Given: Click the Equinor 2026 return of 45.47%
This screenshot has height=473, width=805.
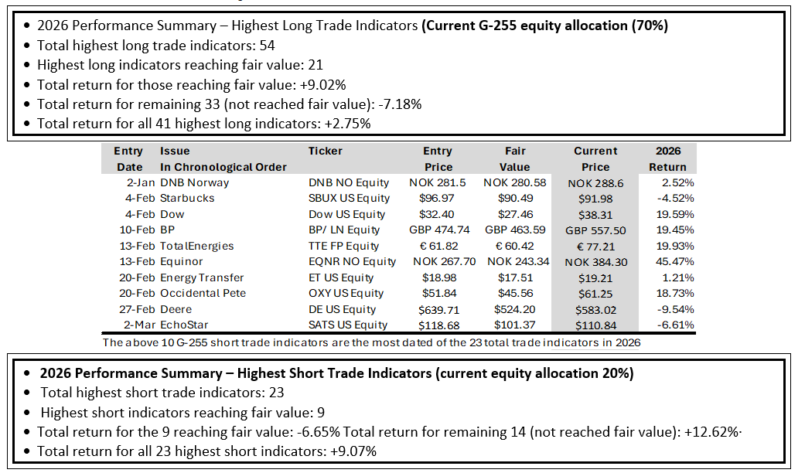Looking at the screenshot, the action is [674, 262].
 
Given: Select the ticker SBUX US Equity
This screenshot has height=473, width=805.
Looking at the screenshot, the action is [349, 199].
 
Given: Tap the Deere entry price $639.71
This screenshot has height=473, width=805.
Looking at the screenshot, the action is [439, 310].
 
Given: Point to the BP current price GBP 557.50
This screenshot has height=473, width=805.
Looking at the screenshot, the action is [596, 230].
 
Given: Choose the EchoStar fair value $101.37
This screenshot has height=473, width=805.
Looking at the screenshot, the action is [514, 325].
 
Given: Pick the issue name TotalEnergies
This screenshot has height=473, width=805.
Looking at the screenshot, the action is [197, 247].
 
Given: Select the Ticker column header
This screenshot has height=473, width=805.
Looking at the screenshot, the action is [326, 151].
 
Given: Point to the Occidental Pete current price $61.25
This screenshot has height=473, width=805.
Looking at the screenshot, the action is [595, 294].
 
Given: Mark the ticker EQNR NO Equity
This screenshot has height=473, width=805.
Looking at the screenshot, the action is [352, 262].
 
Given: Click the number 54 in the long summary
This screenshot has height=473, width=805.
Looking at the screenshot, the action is [267, 46].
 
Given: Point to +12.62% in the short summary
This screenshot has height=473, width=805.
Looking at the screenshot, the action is [711, 432].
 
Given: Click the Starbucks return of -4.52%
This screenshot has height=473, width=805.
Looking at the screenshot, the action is [676, 199].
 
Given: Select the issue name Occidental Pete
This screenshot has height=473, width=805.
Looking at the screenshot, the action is [203, 294].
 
